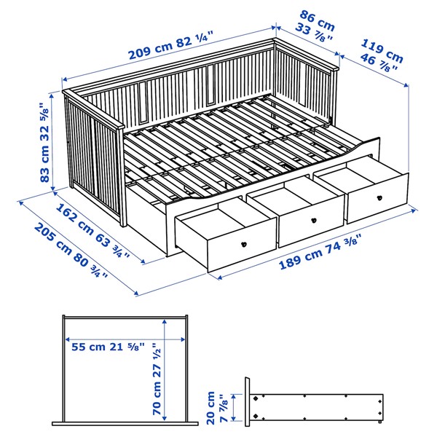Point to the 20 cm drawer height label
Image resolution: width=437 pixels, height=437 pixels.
(216, 404)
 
